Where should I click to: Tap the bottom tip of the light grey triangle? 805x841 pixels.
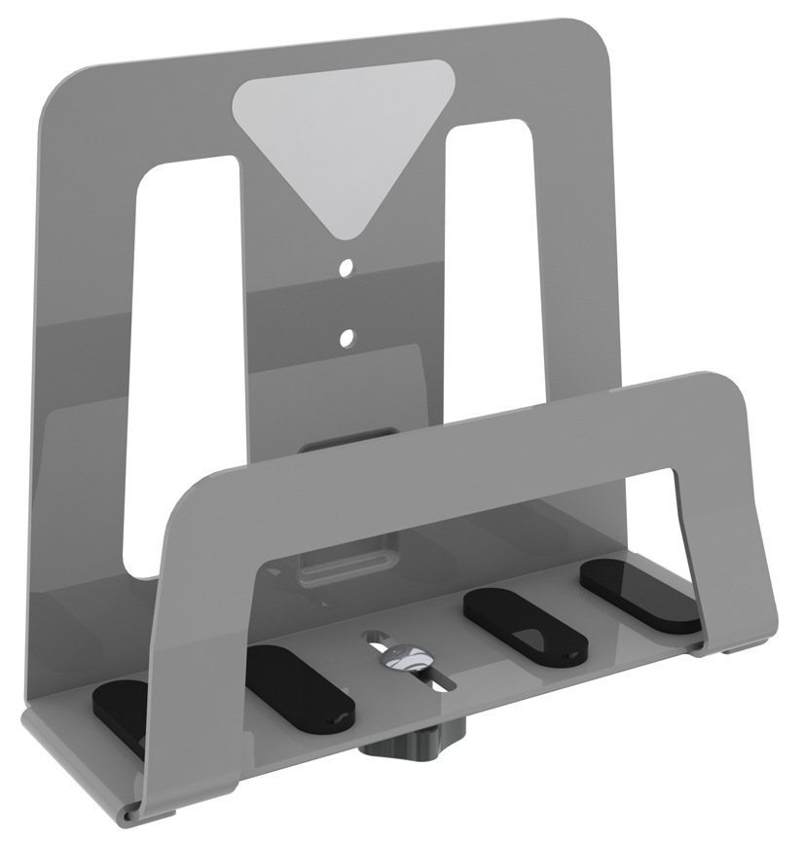point(344,234)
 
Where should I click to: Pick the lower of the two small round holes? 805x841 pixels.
point(346,338)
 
